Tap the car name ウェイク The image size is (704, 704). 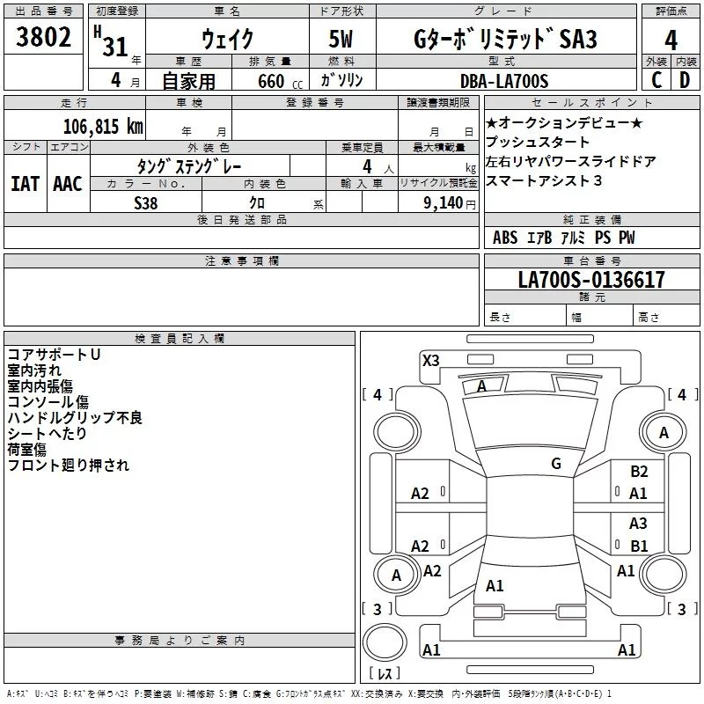click(227, 39)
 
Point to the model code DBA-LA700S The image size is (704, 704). click(504, 81)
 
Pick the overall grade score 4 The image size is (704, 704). click(671, 40)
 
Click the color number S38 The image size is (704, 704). click(145, 202)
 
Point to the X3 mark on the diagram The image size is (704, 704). click(430, 360)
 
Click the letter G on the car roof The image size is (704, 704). click(555, 463)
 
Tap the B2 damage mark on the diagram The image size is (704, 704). click(639, 472)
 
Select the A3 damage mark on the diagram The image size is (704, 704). click(638, 524)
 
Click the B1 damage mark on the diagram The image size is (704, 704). click(639, 546)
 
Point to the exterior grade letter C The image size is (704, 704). click(656, 81)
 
